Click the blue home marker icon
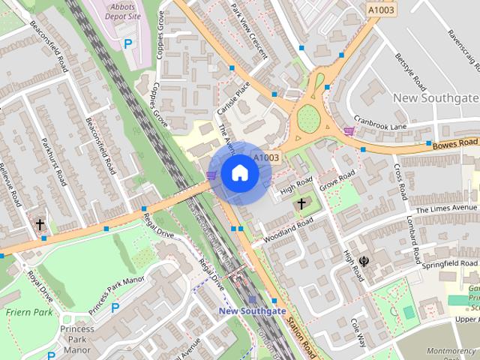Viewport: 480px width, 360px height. tap(239, 172)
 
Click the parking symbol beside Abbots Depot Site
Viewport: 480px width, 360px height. tap(128, 44)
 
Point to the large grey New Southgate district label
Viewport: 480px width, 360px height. tap(435, 98)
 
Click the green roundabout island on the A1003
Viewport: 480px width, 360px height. tap(308, 118)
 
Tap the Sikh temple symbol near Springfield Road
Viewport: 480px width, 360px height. tap(364, 261)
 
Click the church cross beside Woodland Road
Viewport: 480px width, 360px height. tap(302, 203)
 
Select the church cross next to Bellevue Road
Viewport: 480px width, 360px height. tap(40, 224)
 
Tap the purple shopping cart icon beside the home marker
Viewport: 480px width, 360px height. tap(211, 175)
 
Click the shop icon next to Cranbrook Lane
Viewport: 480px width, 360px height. tap(349, 130)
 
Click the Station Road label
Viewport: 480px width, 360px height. tap(299, 334)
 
